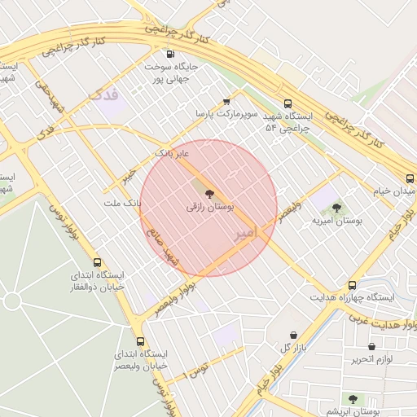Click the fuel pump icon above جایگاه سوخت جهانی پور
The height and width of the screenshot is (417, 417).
169,55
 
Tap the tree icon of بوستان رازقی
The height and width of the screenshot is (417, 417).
209,194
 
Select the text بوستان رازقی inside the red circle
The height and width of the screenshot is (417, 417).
209,208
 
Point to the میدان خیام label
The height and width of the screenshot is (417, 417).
394,190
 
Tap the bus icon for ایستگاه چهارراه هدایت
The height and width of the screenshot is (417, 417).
352,285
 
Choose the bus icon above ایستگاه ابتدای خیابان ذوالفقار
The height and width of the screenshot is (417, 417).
98,262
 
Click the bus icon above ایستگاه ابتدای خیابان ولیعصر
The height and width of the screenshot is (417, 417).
141,342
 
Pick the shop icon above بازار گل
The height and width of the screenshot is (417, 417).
294,335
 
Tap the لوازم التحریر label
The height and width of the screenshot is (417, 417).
372,358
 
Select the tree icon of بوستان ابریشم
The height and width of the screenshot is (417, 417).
352,399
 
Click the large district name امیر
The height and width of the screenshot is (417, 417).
245,233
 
